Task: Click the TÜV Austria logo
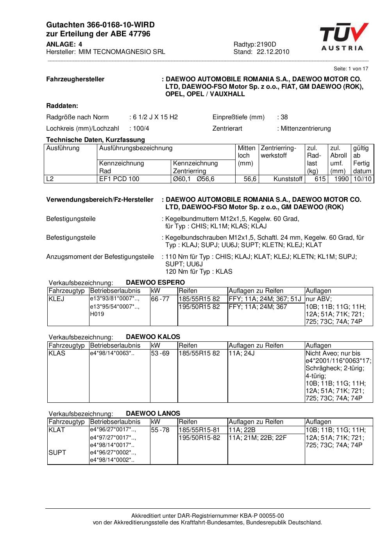[x=343, y=37]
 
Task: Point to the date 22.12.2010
[x=273, y=52]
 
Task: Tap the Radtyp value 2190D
[x=266, y=44]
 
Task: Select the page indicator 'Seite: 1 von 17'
[x=350, y=68]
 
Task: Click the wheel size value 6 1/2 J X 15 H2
[x=155, y=117]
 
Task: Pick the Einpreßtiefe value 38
[x=284, y=117]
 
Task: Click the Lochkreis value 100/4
[x=141, y=128]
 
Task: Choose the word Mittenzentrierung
[x=306, y=128]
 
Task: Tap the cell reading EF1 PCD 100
[x=119, y=179]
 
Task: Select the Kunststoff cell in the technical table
[x=288, y=179]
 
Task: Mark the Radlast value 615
[x=320, y=179]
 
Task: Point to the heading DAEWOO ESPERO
[x=155, y=282]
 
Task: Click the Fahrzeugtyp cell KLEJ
[x=57, y=299]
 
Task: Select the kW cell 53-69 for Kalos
[x=160, y=353]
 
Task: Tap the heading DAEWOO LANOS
[x=153, y=413]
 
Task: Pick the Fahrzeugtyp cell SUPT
[x=57, y=452]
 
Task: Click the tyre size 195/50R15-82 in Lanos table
[x=199, y=438]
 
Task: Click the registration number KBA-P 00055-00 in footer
[x=264, y=516]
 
